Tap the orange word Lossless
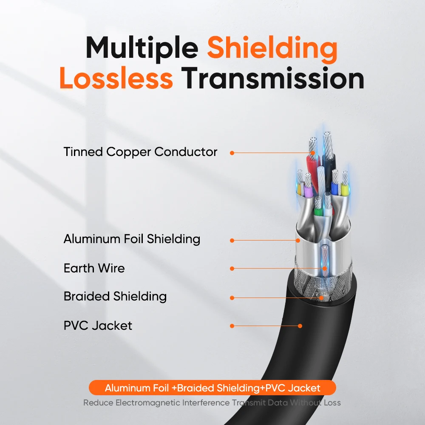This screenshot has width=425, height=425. (116, 79)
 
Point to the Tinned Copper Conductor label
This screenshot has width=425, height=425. (140, 152)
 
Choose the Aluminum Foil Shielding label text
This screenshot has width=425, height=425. (132, 239)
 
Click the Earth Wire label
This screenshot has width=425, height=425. (94, 268)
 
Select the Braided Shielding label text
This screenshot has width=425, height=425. (115, 296)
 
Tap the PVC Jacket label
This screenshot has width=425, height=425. (98, 326)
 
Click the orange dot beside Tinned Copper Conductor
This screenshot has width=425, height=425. (232, 153)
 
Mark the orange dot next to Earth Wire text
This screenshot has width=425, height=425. (232, 269)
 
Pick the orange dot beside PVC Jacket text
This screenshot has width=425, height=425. (232, 326)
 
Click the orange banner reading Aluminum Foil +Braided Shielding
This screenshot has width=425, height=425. (212, 388)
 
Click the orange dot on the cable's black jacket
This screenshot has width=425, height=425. (300, 326)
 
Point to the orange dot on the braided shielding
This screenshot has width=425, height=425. (322, 298)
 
